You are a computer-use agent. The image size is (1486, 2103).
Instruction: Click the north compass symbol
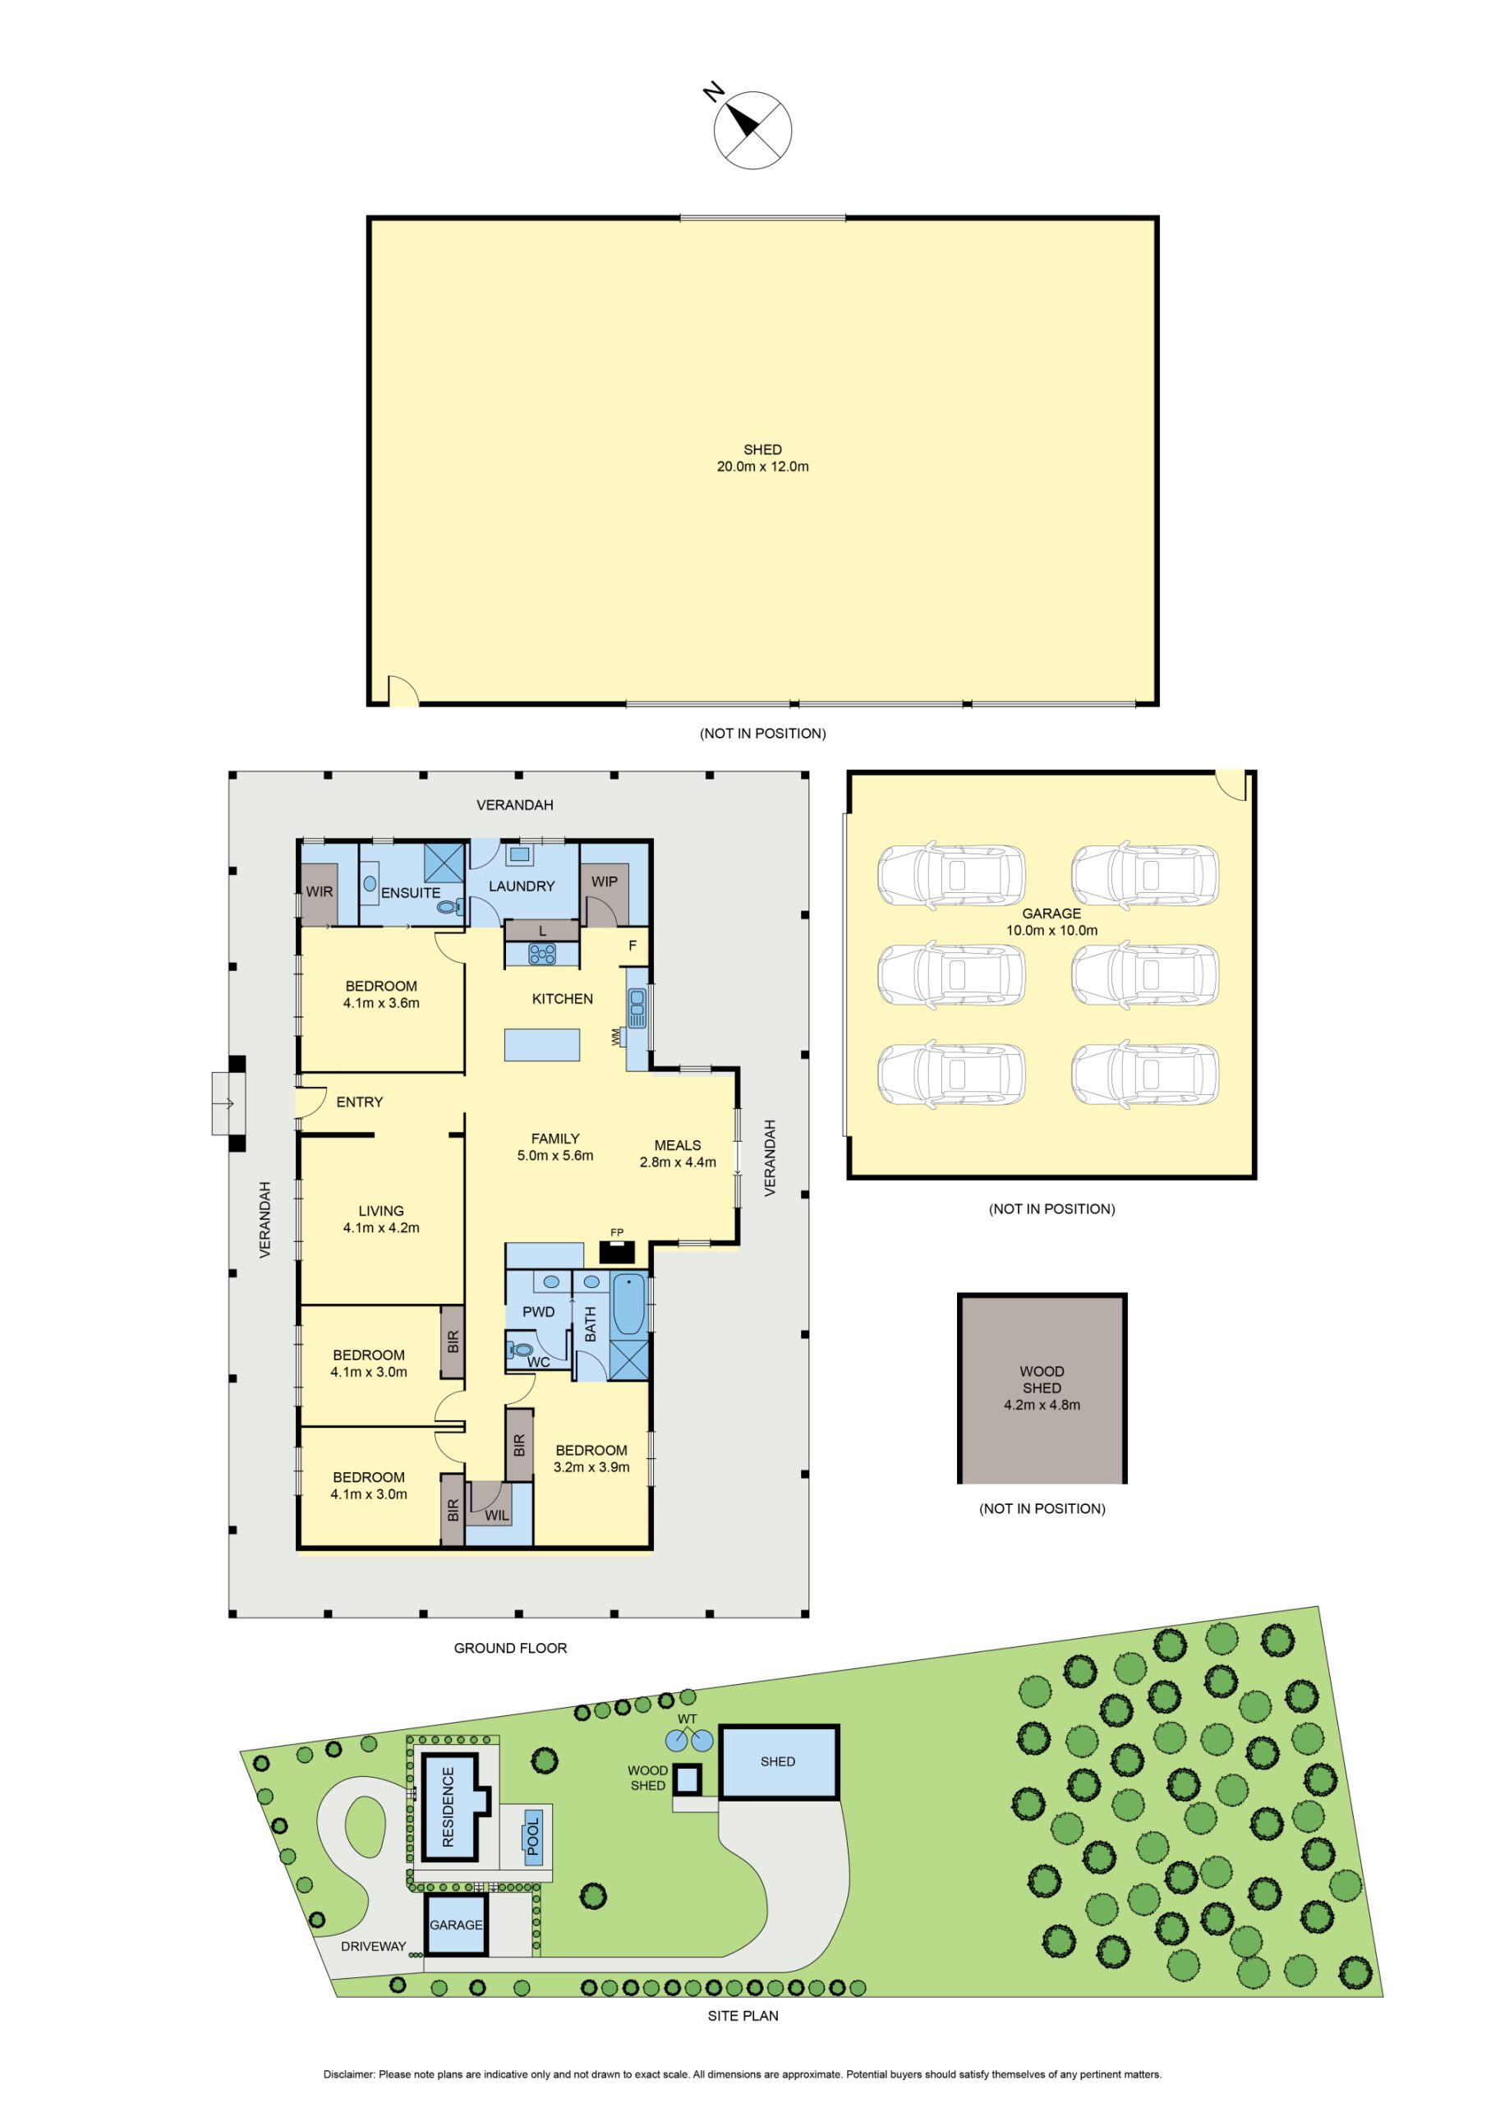point(752,128)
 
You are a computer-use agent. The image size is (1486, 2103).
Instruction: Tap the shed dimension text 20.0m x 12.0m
point(762,467)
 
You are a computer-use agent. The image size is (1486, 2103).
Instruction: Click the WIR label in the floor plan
point(319,891)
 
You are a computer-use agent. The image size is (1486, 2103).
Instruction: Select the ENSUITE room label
point(411,892)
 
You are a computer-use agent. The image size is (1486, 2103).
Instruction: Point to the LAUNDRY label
point(522,886)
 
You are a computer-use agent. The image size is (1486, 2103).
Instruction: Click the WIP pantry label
point(604,881)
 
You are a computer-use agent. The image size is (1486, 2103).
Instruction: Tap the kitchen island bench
point(541,1045)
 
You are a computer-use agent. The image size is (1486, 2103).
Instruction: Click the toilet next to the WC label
point(519,1349)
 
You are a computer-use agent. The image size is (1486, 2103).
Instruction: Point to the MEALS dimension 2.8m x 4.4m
point(677,1162)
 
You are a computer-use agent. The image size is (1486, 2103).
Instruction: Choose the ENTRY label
point(359,1102)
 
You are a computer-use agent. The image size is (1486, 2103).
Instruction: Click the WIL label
point(496,1515)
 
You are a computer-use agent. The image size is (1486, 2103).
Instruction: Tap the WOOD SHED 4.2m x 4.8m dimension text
point(1042,1404)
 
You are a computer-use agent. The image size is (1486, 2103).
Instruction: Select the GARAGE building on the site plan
point(456,1925)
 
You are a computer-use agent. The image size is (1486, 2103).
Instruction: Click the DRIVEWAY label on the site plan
point(373,1945)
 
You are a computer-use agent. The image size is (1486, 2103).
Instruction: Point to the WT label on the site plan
point(688,1719)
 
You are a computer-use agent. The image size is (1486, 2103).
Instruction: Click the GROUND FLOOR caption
point(510,1648)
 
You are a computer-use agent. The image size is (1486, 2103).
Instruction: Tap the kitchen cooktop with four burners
point(542,954)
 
